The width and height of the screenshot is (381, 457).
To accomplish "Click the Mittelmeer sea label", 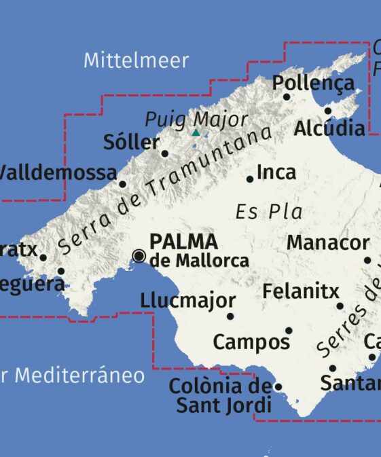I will coord(136,60).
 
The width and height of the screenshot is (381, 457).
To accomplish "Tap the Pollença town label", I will coord(313,84).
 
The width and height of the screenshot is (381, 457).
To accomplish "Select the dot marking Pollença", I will coord(287,97).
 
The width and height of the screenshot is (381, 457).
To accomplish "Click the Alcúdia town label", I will coord(330,128).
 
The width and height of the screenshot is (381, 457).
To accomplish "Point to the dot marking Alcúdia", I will coord(327,111).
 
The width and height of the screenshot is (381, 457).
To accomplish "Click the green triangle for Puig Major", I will coord(196,132).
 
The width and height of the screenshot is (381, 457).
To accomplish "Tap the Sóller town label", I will coord(131,143).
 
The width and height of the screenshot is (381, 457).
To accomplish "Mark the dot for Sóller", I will coord(164,153).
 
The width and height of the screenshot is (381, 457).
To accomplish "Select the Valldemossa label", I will coord(57,173).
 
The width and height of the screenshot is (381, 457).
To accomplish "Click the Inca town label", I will coord(276,172).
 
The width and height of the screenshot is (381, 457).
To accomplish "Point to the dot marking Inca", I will coord(250,179).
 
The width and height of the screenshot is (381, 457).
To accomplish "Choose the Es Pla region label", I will coord(269,212).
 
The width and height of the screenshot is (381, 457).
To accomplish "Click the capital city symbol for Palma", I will coord(139,255).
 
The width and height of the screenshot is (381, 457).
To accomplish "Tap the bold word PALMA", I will coord(183,241).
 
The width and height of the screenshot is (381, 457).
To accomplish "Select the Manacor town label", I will coord(328,242).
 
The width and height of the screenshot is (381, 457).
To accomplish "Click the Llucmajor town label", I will coord(188,300).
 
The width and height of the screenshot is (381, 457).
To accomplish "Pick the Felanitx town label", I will coord(300,292).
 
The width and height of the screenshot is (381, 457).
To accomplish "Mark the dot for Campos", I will coord(289,331).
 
